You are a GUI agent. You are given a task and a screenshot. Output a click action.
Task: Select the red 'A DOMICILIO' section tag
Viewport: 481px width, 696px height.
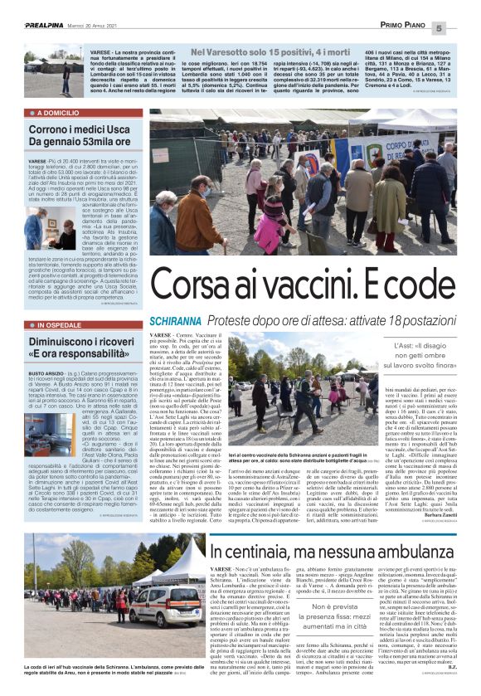click(58, 112)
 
